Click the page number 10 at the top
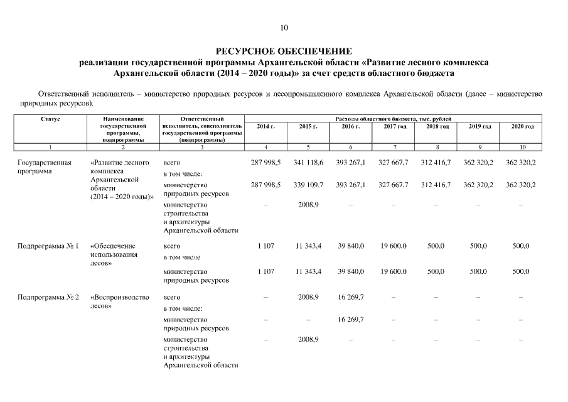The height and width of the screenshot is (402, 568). coord(284,28)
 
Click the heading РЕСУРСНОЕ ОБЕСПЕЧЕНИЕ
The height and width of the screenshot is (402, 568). coord(284,51)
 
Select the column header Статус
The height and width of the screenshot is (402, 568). coord(50,118)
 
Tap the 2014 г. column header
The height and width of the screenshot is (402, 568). coord(266,126)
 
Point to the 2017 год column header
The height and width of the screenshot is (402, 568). coord(394,126)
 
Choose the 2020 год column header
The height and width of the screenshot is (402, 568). coord(522,126)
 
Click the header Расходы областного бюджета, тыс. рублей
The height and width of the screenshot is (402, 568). coord(394,118)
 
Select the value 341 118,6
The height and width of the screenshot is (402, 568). coord(309,162)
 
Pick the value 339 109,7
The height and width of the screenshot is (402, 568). coord(309,185)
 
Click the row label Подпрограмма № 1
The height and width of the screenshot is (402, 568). coord(48,246)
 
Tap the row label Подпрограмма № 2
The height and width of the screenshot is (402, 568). coord(48,297)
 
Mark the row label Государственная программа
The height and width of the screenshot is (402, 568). coord(44,166)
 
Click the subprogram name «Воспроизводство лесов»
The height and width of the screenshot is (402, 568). coord(119,301)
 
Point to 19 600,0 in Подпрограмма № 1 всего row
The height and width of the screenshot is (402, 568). coord(394,246)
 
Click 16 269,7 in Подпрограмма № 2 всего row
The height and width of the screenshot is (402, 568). coord(351,297)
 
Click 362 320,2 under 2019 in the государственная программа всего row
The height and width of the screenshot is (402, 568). coord(480,162)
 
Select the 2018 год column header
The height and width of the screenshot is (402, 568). coord(437,126)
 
